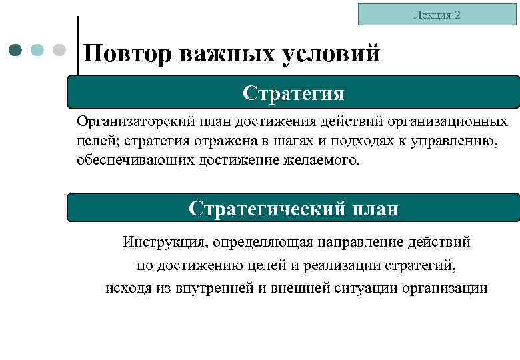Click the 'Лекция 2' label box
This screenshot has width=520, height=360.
point(437,14)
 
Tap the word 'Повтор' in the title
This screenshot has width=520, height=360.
point(127,53)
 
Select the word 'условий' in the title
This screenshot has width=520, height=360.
point(331,53)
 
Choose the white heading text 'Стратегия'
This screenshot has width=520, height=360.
point(293,93)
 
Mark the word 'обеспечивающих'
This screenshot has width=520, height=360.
point(134,161)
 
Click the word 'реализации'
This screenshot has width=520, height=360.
point(338,265)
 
